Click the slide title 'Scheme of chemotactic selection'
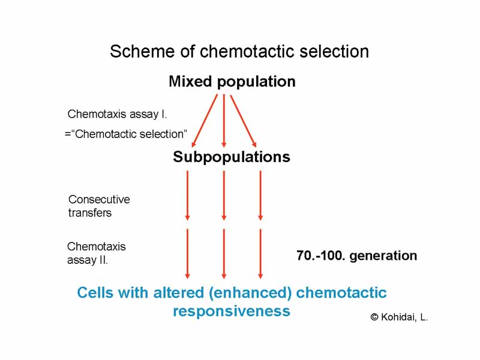239,52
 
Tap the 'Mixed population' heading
232,82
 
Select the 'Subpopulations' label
232,157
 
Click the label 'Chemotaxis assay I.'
117,114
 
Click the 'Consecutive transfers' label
99,206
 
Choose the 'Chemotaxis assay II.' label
96,253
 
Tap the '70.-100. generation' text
356,256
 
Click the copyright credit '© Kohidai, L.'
399,317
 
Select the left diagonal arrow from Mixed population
205,120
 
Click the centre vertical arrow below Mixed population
224,120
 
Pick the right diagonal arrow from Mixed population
244,120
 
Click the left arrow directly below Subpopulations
188,195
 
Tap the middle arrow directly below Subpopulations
224,195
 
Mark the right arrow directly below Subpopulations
260,195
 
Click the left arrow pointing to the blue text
188,253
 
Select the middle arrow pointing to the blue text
224,253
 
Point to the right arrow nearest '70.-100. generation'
260,253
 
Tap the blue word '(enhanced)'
255,293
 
